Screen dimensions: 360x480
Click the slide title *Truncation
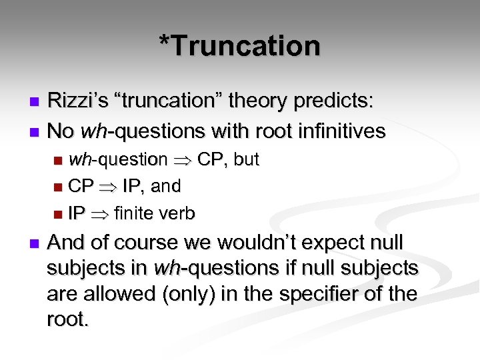(x=240, y=46)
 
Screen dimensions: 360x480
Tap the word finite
(x=136, y=213)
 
